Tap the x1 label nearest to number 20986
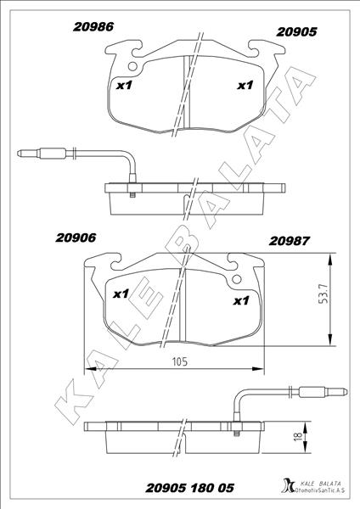pyautogui.click(x=123, y=85)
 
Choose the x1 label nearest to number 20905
pyautogui.click(x=245, y=85)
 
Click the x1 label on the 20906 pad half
pyautogui.click(x=120, y=294)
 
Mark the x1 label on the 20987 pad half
pyautogui.click(x=241, y=300)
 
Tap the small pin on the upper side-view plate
pyautogui.click(x=134, y=195)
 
